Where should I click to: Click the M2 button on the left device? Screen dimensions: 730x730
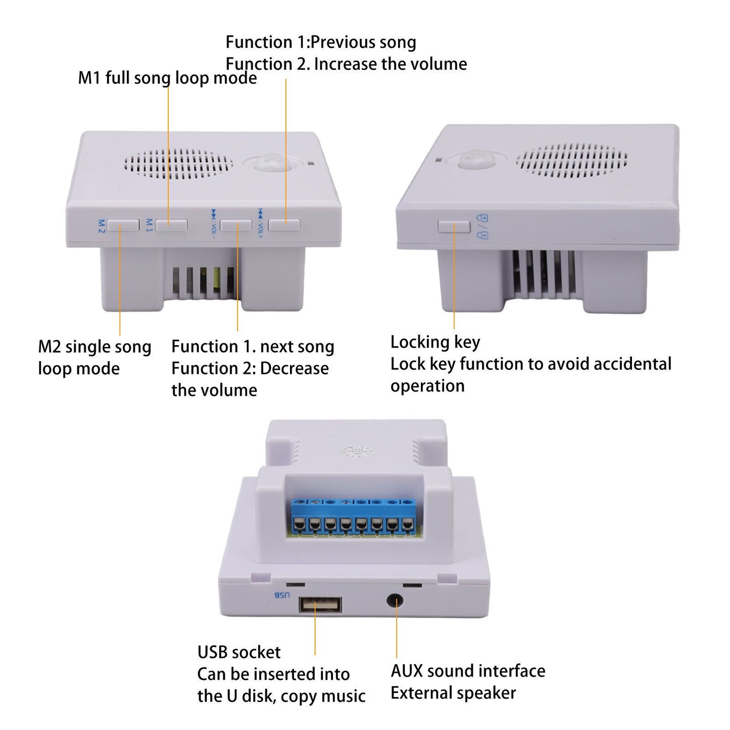(123, 225)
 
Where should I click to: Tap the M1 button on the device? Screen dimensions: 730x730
(172, 225)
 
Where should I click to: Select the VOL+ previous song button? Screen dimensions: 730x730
(284, 225)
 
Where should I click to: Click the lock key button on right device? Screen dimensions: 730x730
(454, 226)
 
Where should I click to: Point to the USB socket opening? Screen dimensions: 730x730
(320, 605)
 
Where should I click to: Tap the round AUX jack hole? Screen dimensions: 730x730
(395, 601)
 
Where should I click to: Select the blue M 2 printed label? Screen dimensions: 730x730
(102, 226)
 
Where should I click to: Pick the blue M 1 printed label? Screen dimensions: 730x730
(149, 225)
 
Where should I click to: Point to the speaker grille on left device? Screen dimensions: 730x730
(178, 164)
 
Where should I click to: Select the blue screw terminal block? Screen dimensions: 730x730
(354, 517)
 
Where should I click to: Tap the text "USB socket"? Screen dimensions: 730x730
(239, 652)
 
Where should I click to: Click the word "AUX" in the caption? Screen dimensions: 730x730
(407, 671)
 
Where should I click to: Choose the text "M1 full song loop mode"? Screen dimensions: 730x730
(167, 78)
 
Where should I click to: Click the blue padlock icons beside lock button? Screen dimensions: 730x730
(482, 226)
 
